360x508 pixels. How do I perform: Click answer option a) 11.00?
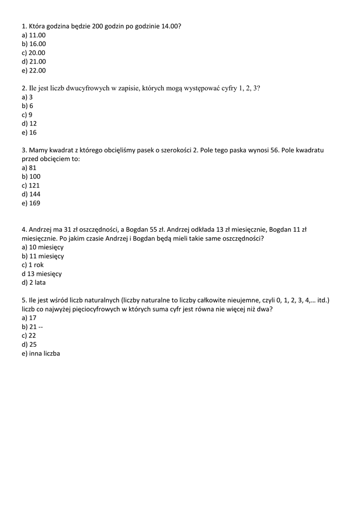click(x=34, y=35)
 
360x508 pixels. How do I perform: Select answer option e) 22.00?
click(x=34, y=70)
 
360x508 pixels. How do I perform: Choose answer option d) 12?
click(x=29, y=124)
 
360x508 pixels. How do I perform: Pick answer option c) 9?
click(x=27, y=115)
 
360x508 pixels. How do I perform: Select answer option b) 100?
click(x=31, y=177)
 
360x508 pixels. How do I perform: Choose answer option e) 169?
click(x=31, y=203)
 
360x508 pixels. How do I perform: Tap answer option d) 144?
click(x=31, y=194)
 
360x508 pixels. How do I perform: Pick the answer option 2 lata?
click(x=34, y=283)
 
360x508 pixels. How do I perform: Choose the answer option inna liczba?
click(x=41, y=354)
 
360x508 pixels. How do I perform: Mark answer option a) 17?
click(x=29, y=318)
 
